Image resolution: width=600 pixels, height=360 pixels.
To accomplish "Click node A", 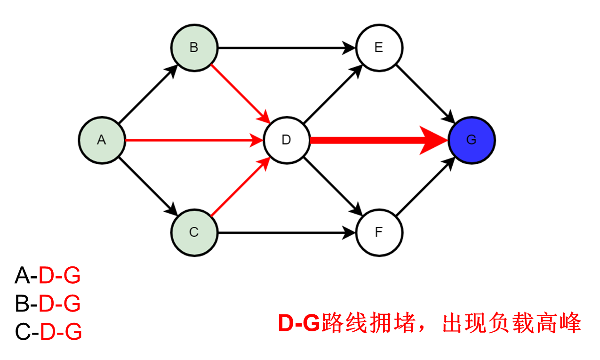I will pyautogui.click(x=102, y=140).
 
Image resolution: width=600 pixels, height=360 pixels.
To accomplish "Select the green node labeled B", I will pyautogui.click(x=194, y=48).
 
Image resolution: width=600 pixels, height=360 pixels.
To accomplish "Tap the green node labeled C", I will pyautogui.click(x=194, y=232).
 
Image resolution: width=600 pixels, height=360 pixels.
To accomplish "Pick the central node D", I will pyautogui.click(x=286, y=140).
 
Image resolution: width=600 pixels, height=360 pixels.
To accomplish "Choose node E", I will pyautogui.click(x=379, y=48).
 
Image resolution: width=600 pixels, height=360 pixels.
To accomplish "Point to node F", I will pyautogui.click(x=379, y=232).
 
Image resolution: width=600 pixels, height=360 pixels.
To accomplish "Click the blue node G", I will pyautogui.click(x=472, y=140).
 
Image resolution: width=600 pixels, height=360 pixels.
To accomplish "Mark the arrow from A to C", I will pyautogui.click(x=147, y=186).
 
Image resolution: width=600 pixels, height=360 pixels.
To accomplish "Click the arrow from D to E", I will pyautogui.click(x=332, y=94).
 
